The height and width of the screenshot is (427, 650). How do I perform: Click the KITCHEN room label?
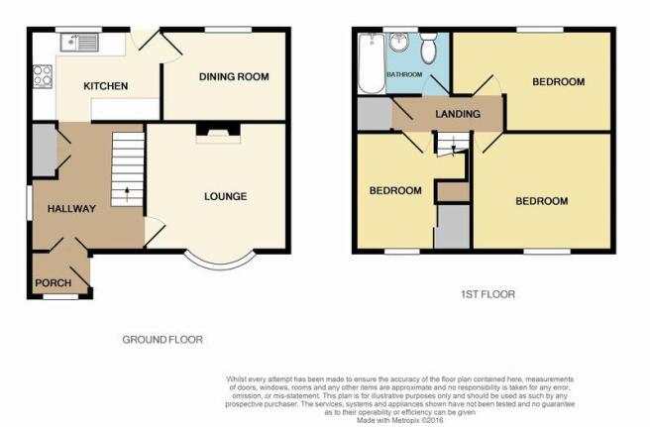tap(106, 86)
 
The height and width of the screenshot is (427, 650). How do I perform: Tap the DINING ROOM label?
tap(234, 76)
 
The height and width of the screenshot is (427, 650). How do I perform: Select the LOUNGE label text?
tap(226, 196)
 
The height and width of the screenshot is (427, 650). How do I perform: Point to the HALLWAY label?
tap(71, 208)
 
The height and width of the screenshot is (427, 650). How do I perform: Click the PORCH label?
tap(54, 283)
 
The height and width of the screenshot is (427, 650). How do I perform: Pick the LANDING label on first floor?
tap(458, 114)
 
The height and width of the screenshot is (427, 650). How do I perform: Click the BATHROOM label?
tap(404, 74)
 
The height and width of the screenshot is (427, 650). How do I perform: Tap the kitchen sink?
tap(79, 43)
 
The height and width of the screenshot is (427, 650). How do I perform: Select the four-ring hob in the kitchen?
tap(43, 76)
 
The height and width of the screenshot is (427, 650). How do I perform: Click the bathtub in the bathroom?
tap(372, 63)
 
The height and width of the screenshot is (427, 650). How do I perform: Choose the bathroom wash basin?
tap(399, 43)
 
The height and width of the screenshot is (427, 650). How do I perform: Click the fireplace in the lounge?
tap(218, 134)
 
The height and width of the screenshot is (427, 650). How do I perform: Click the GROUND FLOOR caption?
tap(162, 340)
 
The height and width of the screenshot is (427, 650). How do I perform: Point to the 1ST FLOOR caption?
tap(487, 295)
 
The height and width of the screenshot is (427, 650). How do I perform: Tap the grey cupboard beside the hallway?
tap(45, 150)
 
